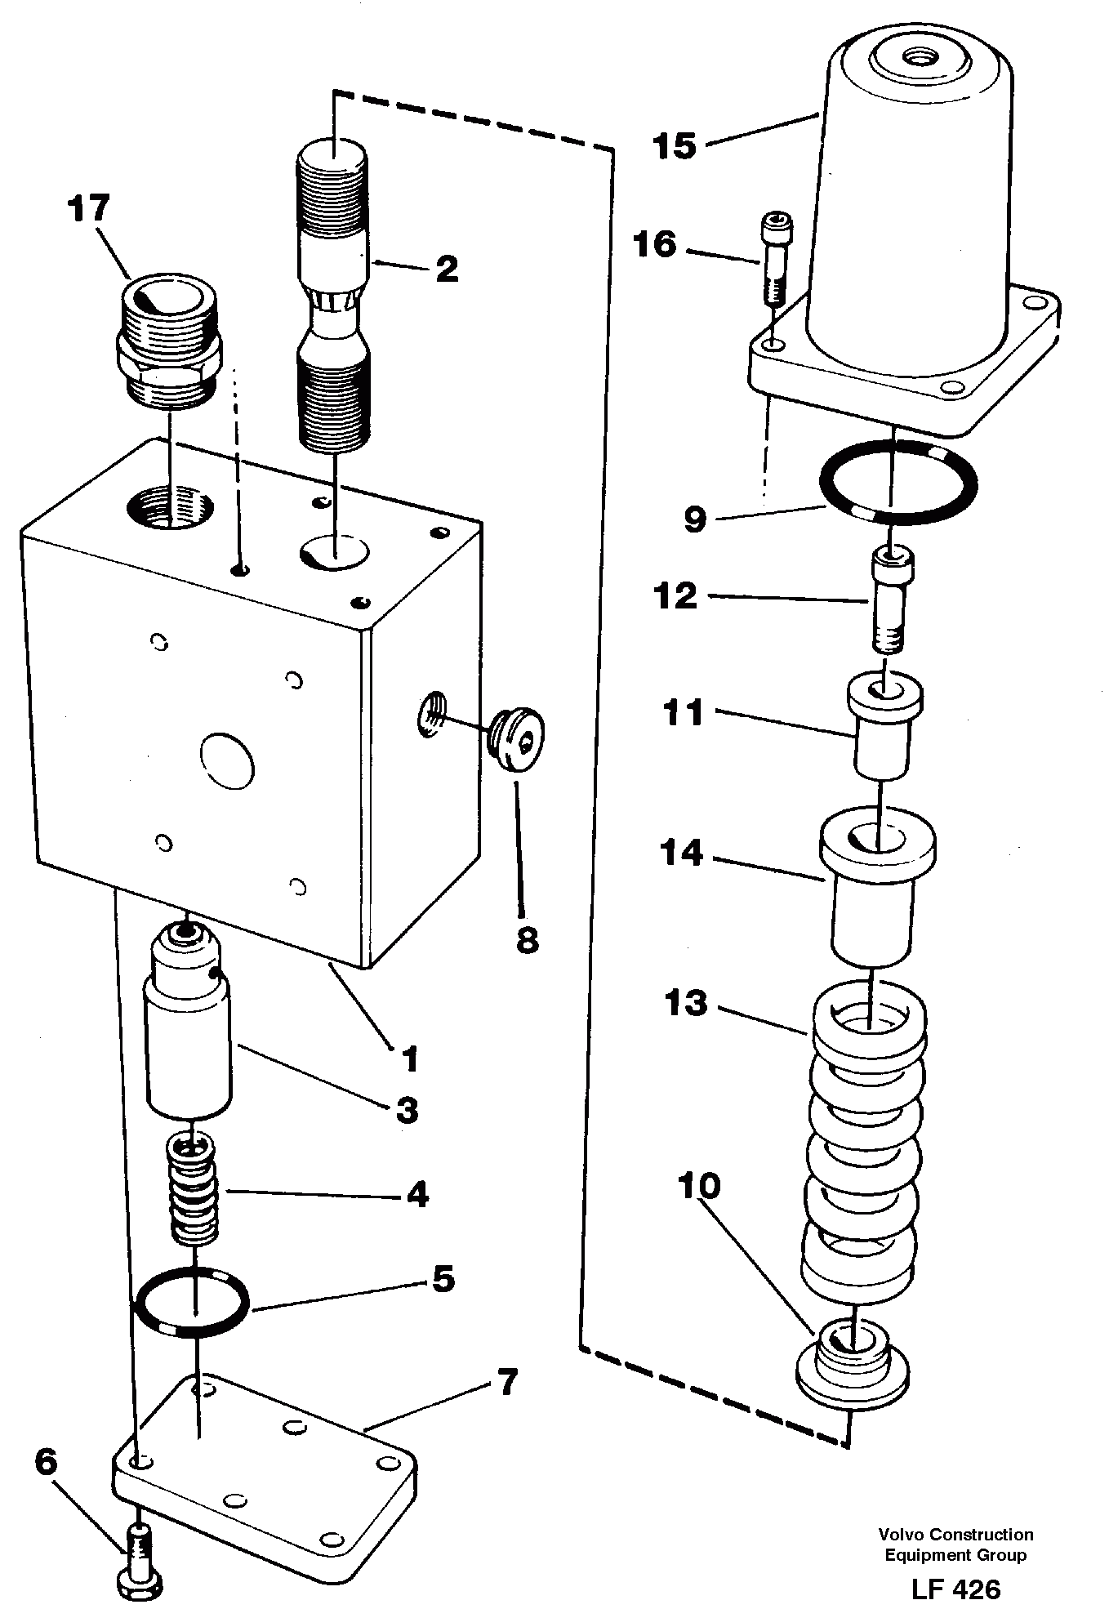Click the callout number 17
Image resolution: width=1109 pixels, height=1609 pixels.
pyautogui.click(x=89, y=209)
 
